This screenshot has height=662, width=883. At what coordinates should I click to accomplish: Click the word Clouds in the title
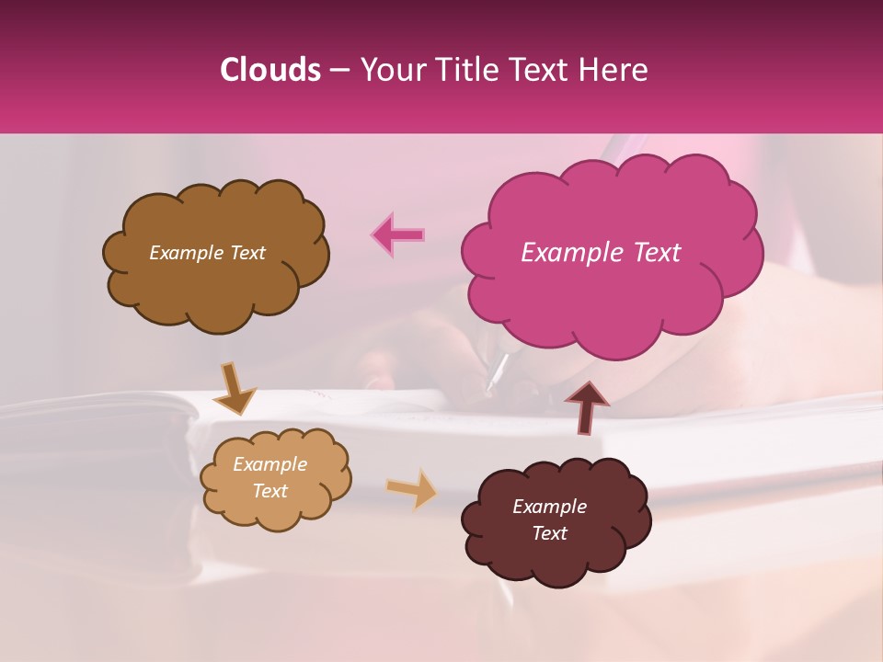(270, 70)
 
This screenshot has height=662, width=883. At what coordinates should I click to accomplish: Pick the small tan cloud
(275, 511)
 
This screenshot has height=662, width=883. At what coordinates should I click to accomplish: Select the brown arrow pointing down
(235, 389)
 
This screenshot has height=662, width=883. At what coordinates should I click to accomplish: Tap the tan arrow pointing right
(412, 488)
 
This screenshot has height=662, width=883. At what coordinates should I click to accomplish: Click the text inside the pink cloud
(601, 253)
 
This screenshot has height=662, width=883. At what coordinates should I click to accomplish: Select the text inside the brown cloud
(207, 253)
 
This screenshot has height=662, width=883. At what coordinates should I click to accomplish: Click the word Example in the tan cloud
(269, 464)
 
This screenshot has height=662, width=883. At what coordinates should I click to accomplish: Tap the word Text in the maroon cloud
(549, 533)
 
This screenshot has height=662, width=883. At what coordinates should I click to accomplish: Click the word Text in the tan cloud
(269, 491)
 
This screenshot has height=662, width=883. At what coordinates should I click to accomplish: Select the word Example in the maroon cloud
(549, 507)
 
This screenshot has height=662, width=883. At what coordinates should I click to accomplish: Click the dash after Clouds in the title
(339, 70)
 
